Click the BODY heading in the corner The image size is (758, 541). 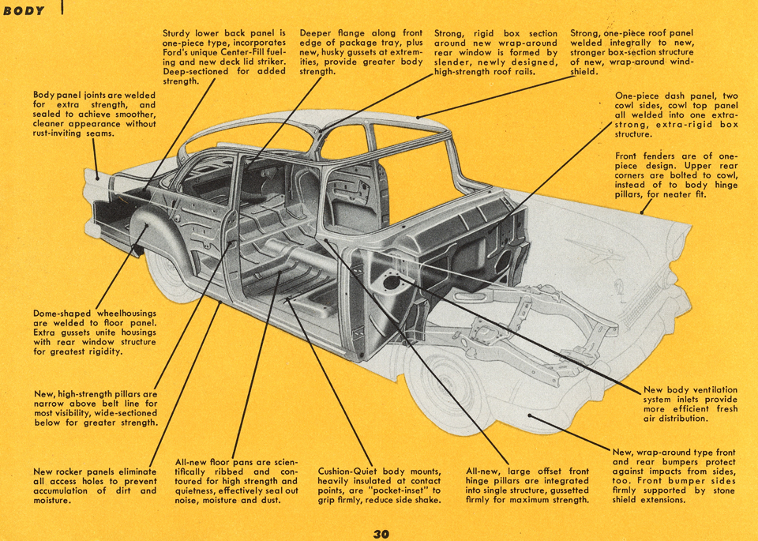click(x=24, y=11)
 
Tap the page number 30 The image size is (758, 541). click(x=381, y=534)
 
